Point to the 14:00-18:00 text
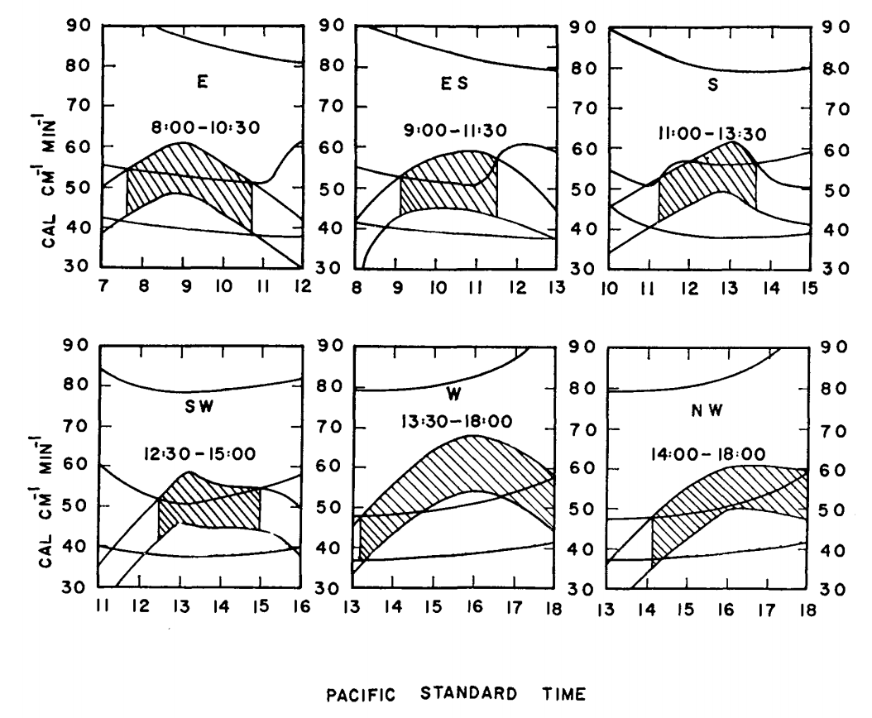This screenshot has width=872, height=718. [713, 453]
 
